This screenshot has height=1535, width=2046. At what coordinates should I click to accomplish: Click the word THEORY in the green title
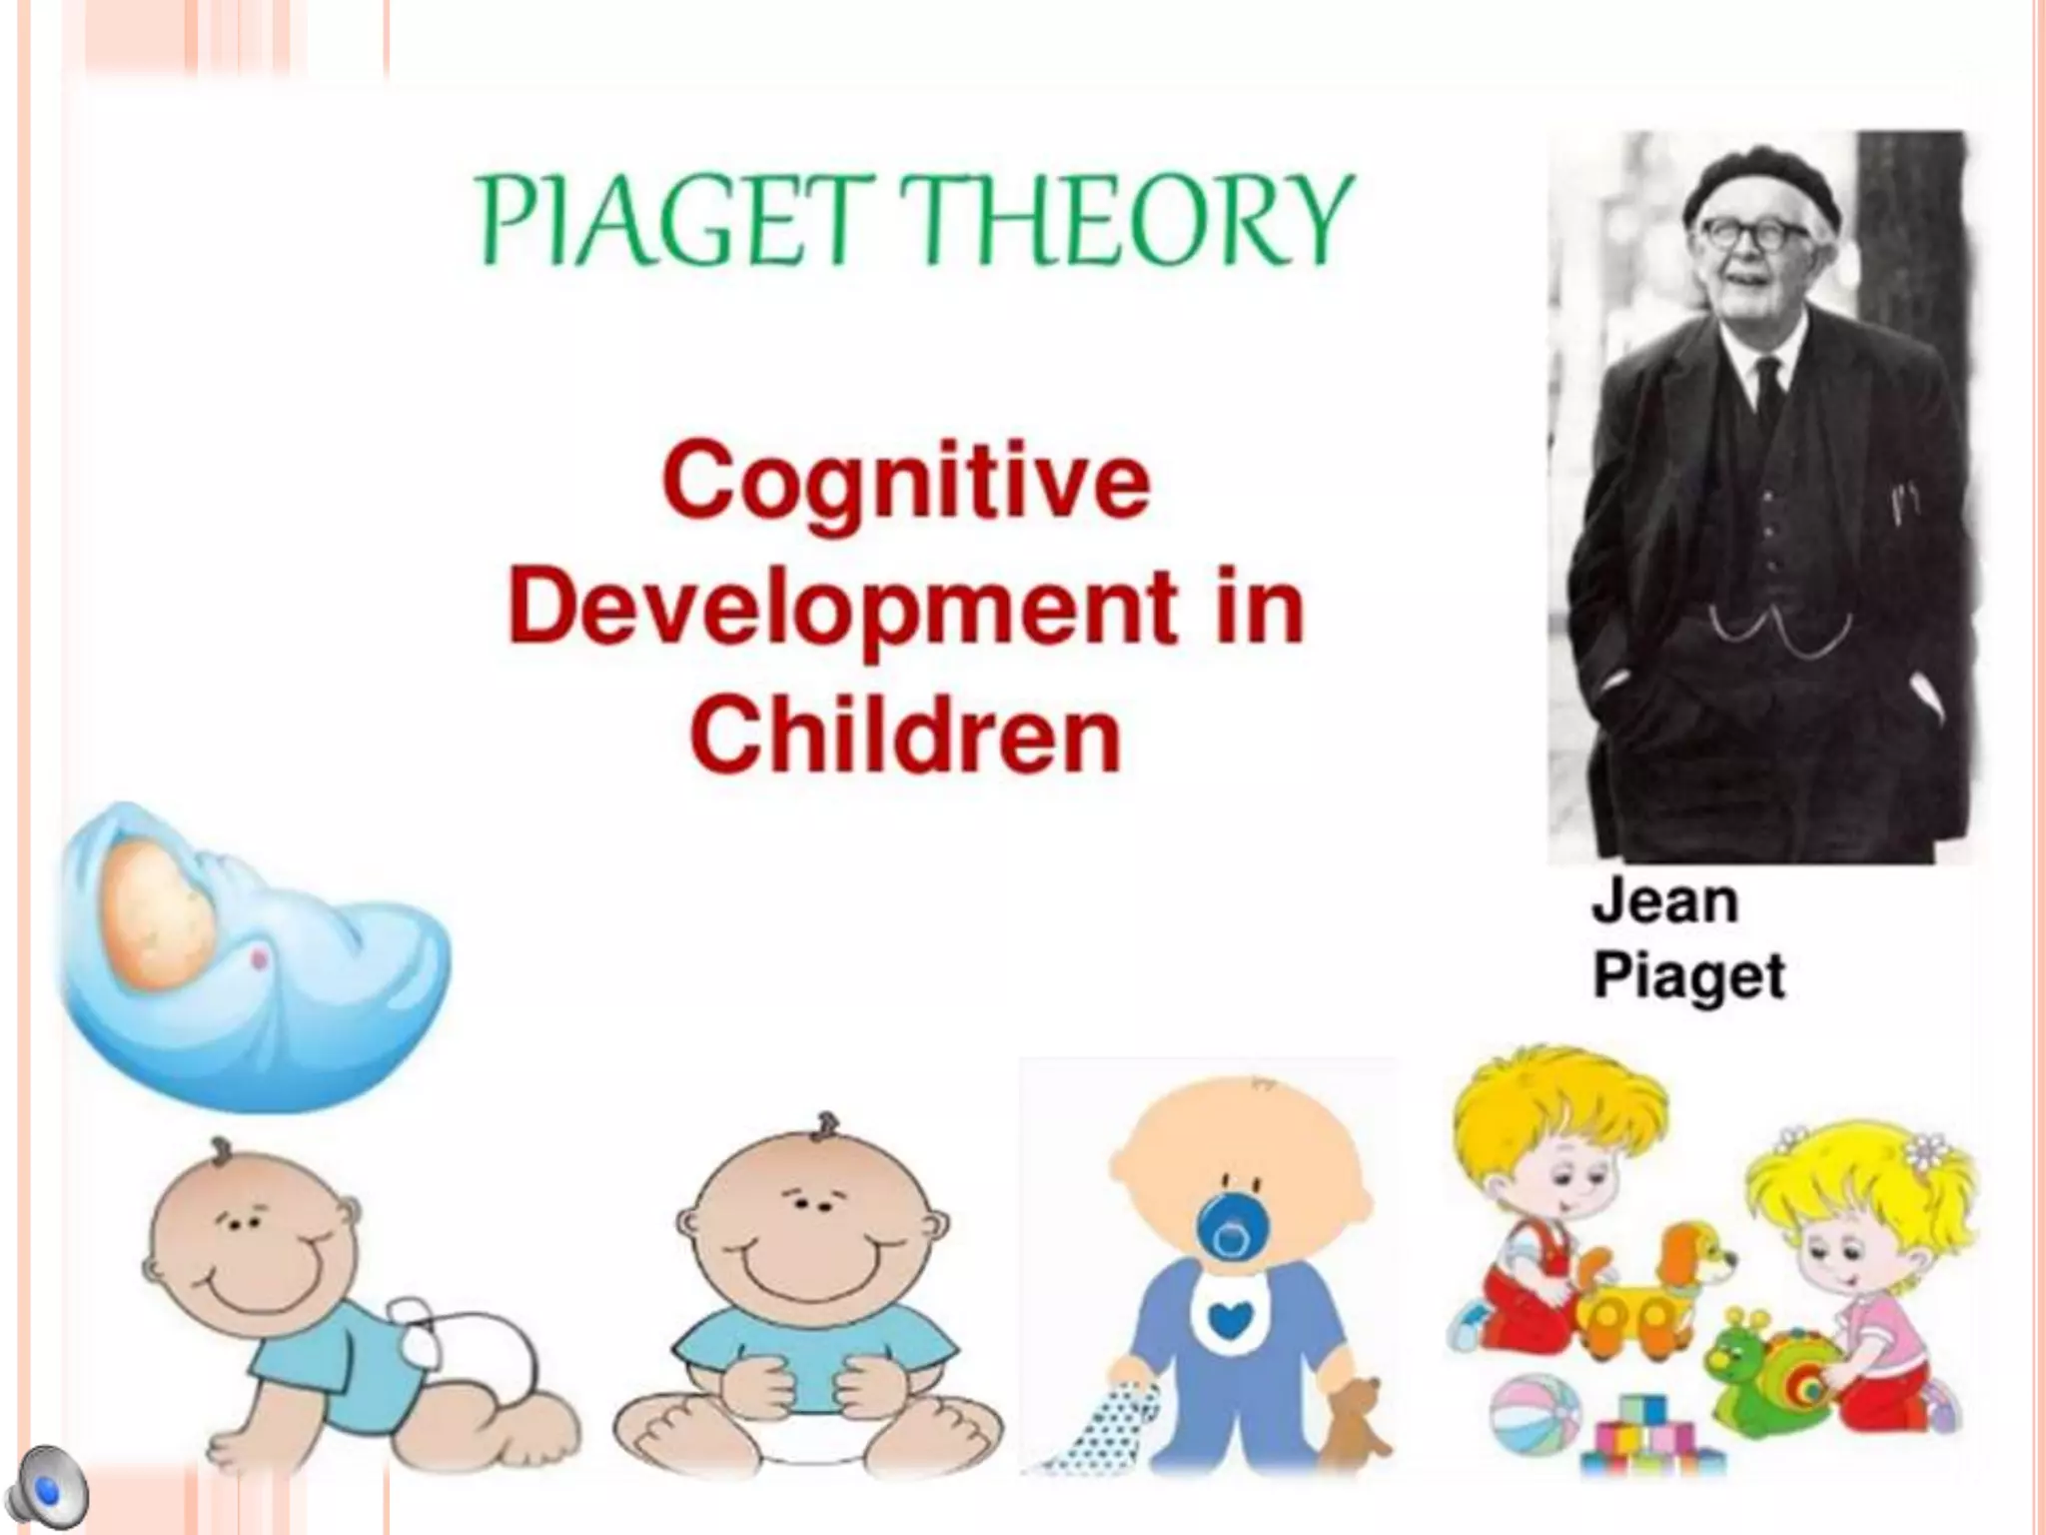point(1129,220)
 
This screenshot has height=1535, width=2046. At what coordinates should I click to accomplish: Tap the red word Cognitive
point(906,482)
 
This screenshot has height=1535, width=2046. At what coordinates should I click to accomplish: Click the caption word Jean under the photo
point(1664,901)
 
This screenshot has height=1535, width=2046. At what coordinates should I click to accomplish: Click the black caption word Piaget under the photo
point(1688,974)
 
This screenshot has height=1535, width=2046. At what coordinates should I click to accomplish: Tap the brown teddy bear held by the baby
point(1353,1420)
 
